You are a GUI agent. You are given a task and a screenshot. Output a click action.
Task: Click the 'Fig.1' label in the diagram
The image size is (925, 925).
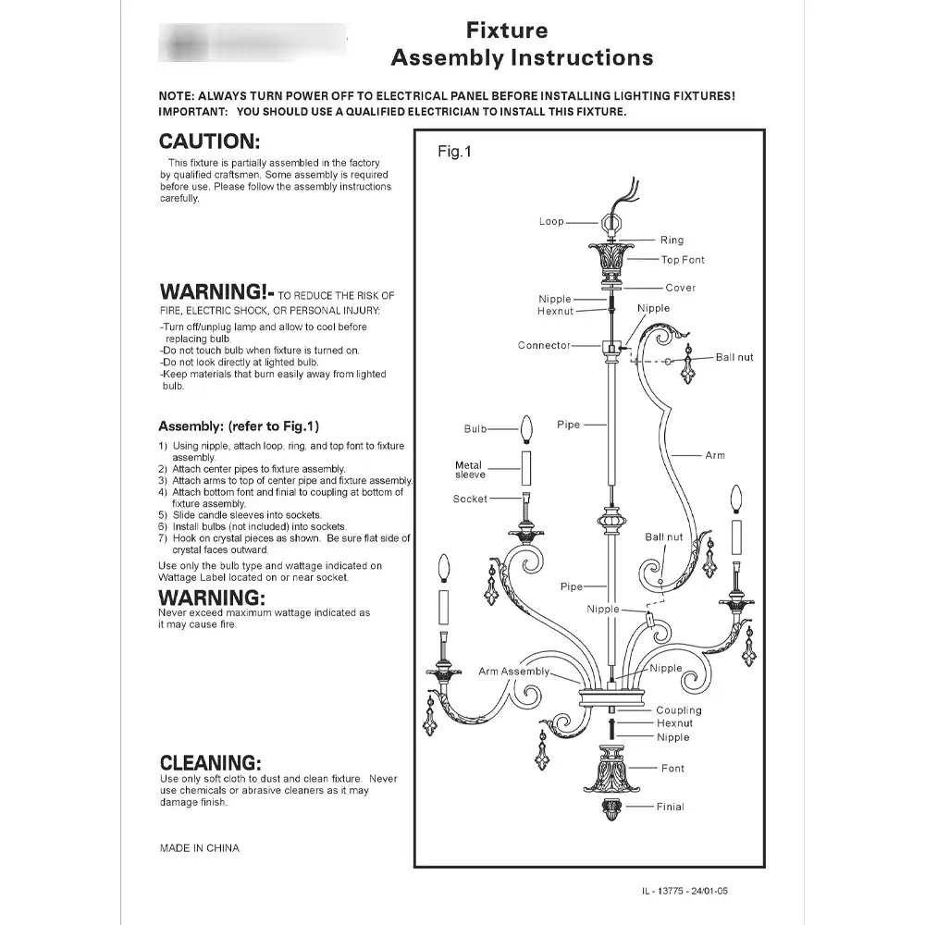454,152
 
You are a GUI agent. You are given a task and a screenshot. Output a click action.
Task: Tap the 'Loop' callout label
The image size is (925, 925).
551,222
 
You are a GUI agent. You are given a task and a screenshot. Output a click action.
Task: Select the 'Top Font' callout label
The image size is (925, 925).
683,260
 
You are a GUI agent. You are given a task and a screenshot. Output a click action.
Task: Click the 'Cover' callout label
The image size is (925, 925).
680,288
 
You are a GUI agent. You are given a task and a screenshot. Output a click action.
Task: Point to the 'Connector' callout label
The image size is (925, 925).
544,346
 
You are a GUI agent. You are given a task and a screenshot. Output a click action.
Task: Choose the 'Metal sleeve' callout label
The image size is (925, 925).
469,470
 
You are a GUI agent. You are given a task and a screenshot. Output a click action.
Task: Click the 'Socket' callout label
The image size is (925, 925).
470,499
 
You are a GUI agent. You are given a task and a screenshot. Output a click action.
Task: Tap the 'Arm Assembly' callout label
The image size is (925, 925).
513,672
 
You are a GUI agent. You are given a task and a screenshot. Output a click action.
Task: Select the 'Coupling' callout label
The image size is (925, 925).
679,710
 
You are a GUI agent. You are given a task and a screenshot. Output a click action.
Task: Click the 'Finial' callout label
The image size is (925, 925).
671,807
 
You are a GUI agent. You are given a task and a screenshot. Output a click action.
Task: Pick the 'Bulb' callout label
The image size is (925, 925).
475,429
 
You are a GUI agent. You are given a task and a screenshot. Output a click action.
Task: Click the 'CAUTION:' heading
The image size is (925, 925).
210,142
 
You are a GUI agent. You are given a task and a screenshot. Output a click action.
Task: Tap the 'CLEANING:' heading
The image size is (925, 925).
210,763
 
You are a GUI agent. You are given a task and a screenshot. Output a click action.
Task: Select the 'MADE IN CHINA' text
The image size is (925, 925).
199,848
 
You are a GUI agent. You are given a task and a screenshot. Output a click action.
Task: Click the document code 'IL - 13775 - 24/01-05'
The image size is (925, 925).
690,892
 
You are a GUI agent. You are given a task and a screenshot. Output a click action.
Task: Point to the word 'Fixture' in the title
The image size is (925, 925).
506,31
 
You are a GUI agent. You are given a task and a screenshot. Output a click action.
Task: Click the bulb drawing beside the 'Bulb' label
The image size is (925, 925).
528,429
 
